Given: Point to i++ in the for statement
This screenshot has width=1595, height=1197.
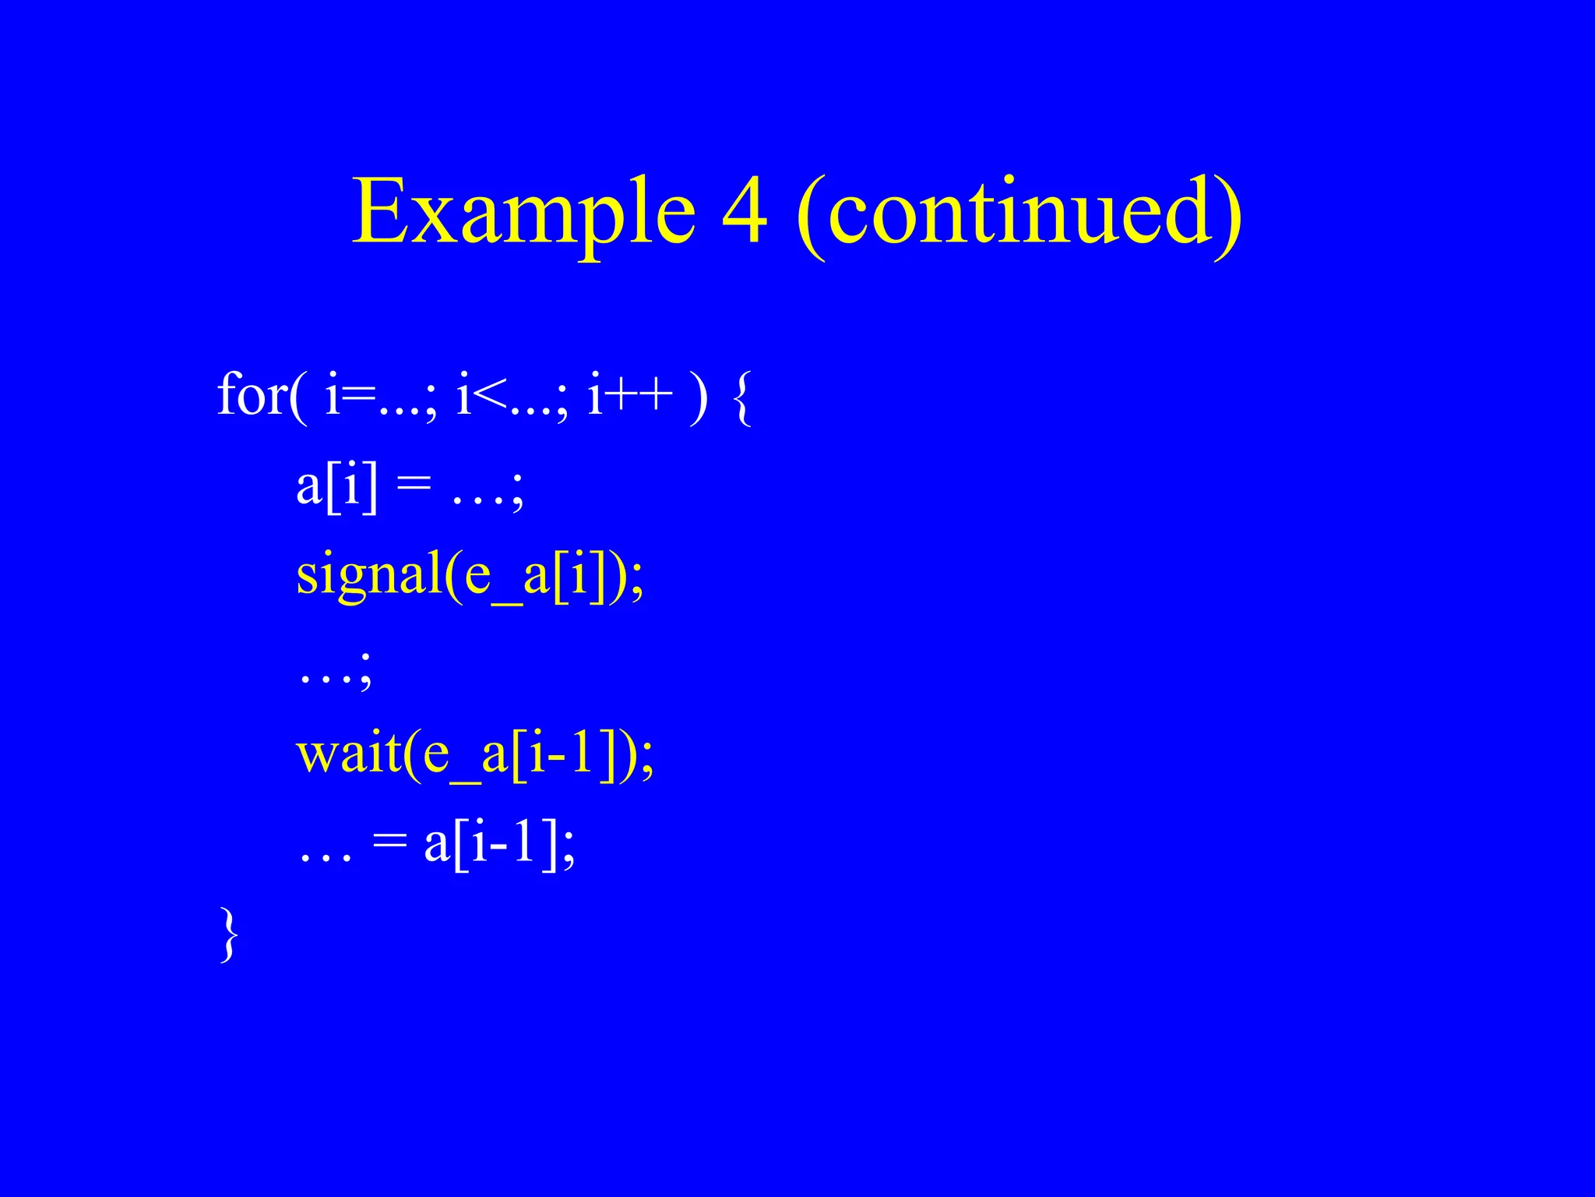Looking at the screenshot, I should pos(630,394).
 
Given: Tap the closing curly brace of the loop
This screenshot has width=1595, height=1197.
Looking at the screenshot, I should pos(228,934).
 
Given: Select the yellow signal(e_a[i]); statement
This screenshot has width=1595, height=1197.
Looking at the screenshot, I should pos(470,576).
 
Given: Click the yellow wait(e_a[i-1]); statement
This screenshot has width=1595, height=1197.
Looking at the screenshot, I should pos(475,755).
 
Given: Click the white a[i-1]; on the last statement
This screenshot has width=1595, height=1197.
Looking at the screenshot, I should pos(499,845).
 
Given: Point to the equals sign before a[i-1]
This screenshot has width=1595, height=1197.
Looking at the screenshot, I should pos(389,843).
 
